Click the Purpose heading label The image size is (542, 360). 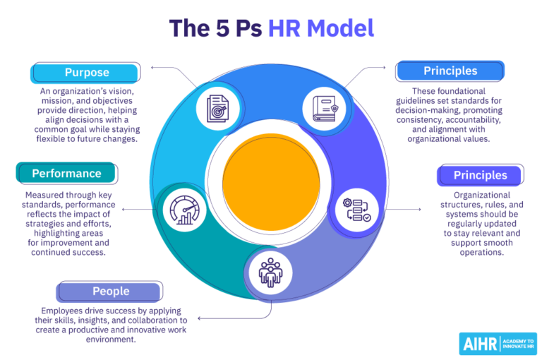87,73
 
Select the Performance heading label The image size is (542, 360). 67,174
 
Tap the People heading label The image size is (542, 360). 111,291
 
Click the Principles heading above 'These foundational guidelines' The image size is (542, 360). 450,71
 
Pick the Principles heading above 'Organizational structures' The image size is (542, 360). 480,175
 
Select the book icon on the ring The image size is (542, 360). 323,108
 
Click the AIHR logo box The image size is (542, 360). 498,343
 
